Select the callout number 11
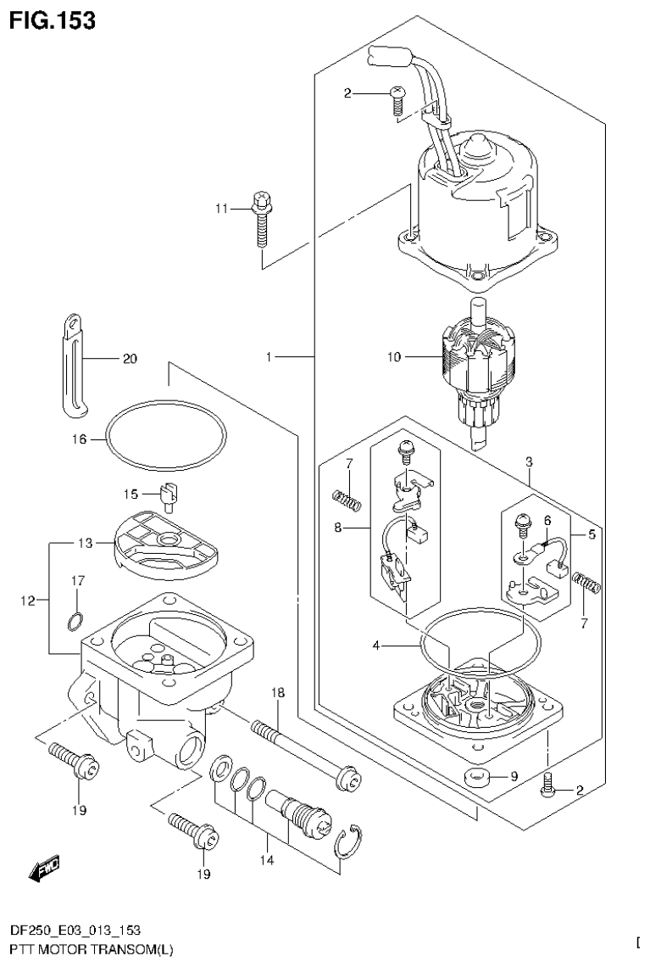pyautogui.click(x=222, y=208)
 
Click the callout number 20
pyautogui.click(x=129, y=359)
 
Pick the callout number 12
pyautogui.click(x=26, y=601)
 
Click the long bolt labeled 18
pyautogui.click(x=305, y=751)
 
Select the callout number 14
pyautogui.click(x=267, y=860)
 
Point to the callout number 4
pyautogui.click(x=376, y=646)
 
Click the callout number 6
pyautogui.click(x=547, y=520)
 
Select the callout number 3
pyautogui.click(x=528, y=462)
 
